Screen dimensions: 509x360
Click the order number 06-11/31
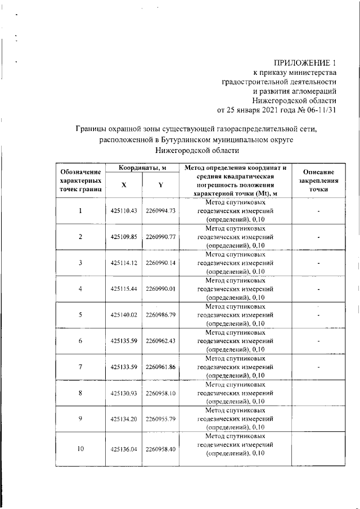point(318,110)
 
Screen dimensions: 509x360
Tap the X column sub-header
point(124,185)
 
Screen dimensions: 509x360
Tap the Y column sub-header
point(160,185)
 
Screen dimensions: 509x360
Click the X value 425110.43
point(124,211)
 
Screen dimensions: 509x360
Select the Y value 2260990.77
point(161,237)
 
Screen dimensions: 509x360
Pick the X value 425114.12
point(124,263)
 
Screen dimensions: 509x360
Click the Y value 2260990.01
point(161,289)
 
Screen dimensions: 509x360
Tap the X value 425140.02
point(124,314)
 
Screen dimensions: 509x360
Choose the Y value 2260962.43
point(161,340)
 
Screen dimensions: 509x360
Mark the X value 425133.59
point(124,367)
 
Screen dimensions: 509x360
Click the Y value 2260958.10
point(161,393)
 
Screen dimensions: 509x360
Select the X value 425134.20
point(124,418)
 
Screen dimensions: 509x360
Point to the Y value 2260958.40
point(161,449)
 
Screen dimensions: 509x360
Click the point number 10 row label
point(80,449)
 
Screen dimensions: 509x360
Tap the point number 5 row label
point(80,314)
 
